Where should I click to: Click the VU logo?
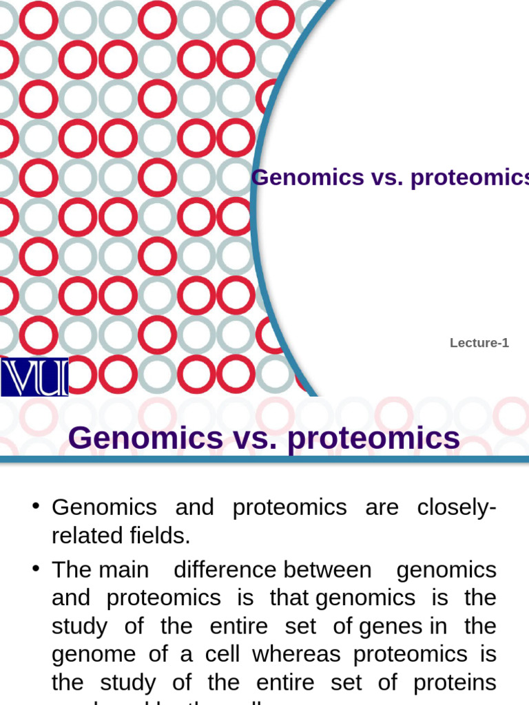(x=34, y=377)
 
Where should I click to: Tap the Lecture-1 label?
(x=479, y=343)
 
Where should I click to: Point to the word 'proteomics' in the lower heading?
(x=373, y=438)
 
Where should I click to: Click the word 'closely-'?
(x=457, y=507)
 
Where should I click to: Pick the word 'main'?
(x=123, y=570)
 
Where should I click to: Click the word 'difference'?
(x=225, y=570)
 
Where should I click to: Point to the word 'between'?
(x=327, y=570)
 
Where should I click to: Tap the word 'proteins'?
(x=454, y=682)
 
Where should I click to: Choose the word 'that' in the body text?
(x=289, y=598)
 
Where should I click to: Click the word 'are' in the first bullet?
(x=382, y=507)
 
